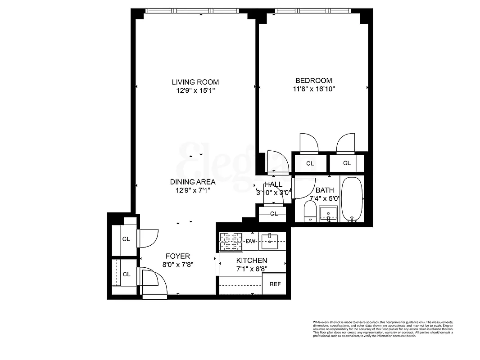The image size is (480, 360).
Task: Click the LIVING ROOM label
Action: (195, 82)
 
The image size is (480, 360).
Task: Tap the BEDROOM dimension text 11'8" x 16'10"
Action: (313, 89)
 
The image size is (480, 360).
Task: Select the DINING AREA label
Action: (192, 182)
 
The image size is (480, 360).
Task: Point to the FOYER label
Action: (177, 256)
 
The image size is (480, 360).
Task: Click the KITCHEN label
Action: (252, 261)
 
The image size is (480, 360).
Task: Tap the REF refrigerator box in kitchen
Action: (275, 284)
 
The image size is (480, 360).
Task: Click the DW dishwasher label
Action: (250, 241)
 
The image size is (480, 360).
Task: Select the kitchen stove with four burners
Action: (231, 242)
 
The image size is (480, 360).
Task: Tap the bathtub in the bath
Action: (352, 200)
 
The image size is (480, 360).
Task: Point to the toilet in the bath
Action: (310, 211)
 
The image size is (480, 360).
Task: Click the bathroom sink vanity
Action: (329, 214)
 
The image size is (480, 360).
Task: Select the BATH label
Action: (324, 190)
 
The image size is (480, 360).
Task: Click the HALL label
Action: (273, 184)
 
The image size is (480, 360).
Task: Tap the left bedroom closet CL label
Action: (310, 163)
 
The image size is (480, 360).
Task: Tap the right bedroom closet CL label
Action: (347, 163)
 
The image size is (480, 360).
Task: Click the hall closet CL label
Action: (274, 214)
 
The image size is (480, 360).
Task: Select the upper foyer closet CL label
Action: (126, 239)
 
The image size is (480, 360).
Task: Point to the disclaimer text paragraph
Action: (382, 329)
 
